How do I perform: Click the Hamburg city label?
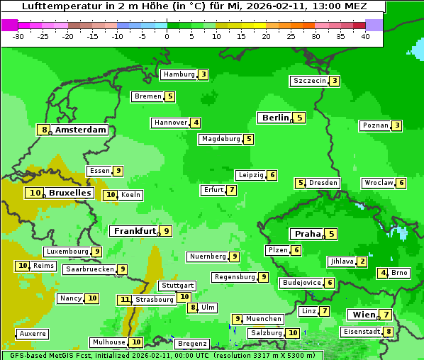tap(179, 74)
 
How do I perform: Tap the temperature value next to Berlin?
tap(300, 118)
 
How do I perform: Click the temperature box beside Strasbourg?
tap(125, 300)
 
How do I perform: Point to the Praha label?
tap(308, 234)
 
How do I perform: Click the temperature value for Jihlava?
tap(362, 261)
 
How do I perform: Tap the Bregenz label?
tap(192, 344)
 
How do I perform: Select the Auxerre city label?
tap(33, 333)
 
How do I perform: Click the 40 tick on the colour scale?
tap(365, 36)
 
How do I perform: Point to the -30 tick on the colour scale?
tap(19, 36)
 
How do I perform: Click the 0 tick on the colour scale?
tap(167, 36)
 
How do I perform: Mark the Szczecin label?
tap(310, 81)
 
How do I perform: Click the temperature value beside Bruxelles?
tap(35, 193)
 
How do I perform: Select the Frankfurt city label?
tap(135, 231)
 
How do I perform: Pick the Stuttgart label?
tap(177, 286)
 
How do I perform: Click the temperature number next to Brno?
tap(383, 273)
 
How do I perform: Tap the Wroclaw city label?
tap(378, 183)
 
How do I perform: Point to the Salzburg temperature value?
tap(293, 333)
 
